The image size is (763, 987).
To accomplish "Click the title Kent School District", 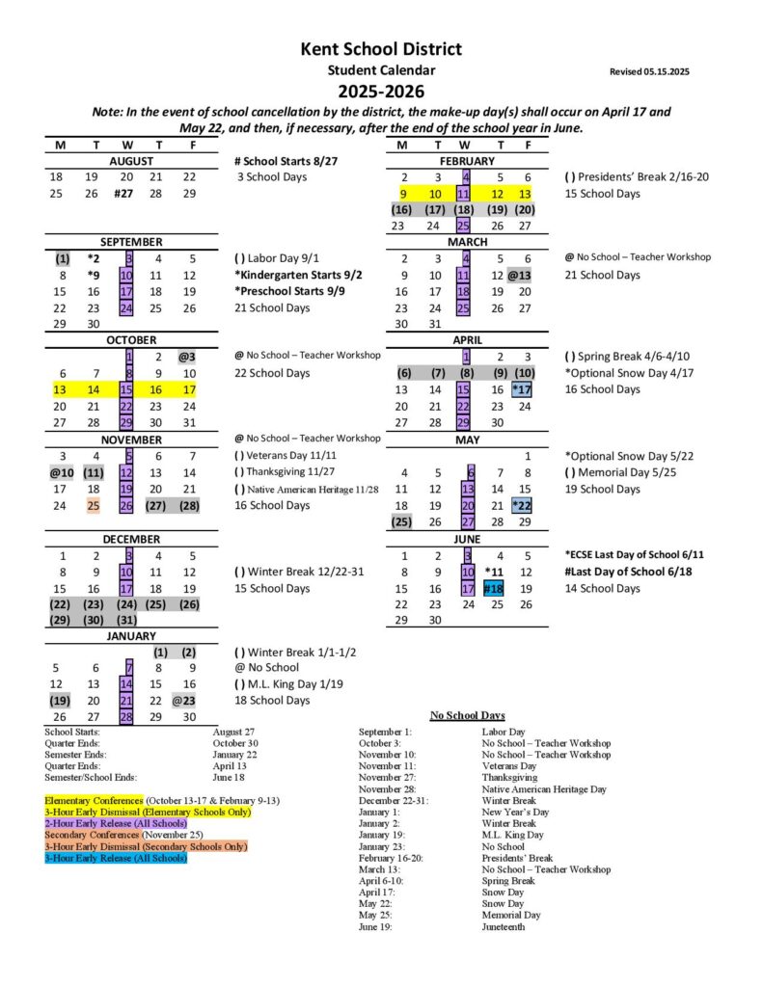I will tap(381, 49).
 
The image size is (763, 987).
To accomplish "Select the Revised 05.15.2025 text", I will tap(649, 71).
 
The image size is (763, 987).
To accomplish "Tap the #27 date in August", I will tap(123, 194).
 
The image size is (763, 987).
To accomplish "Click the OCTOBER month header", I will tap(130, 339).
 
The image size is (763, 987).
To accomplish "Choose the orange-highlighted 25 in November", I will tap(94, 505).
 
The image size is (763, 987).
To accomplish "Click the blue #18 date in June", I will tap(494, 588).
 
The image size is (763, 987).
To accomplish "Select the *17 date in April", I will tap(522, 389).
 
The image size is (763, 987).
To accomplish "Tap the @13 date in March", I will tap(521, 276).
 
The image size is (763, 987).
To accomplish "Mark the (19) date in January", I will tap(60, 701).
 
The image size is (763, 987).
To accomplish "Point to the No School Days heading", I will tap(467, 716).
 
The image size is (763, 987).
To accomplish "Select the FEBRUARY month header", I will tap(467, 161).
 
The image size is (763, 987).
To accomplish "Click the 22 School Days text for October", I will tap(272, 373).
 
